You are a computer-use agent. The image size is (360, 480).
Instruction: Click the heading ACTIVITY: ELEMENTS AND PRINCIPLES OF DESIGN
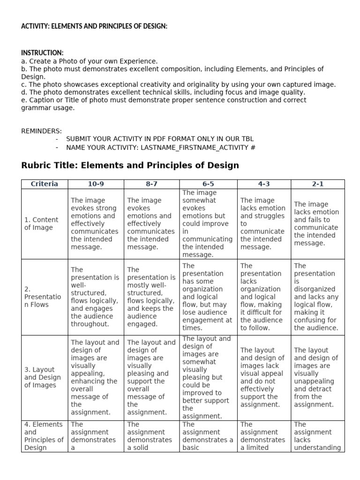tap(94, 26)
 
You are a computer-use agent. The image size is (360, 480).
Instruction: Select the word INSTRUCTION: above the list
tap(42, 53)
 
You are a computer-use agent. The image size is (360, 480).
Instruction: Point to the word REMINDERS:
tap(41, 131)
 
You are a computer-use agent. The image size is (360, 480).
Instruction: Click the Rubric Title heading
tap(130, 165)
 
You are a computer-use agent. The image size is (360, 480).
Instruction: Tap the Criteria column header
tap(45, 184)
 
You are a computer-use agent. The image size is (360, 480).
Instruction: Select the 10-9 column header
tap(96, 184)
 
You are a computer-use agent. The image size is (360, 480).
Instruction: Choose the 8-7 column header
tap(151, 184)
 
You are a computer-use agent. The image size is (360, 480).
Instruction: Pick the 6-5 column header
tap(208, 184)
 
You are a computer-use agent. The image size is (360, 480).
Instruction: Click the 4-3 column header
tap(264, 184)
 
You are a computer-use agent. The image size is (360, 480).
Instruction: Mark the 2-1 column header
tap(317, 184)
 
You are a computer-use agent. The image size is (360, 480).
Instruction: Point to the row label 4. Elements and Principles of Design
tap(44, 436)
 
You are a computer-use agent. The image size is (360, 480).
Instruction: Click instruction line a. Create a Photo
tap(89, 61)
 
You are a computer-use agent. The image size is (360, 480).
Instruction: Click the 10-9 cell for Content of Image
tap(95, 224)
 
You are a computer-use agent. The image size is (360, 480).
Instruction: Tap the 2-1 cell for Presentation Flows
tap(317, 297)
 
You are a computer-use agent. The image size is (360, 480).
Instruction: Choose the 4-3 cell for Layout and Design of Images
tap(263, 377)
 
